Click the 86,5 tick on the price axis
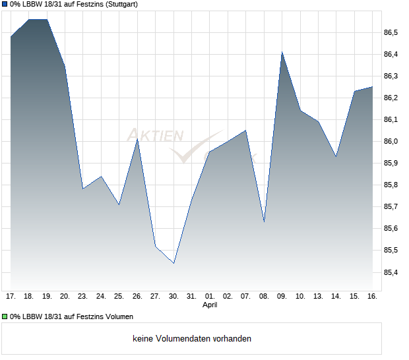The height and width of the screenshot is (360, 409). click(x=391, y=32)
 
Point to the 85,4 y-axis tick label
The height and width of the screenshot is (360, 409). click(x=391, y=272)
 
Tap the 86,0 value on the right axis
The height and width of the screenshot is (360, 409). click(x=391, y=141)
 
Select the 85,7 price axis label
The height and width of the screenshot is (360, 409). click(x=391, y=206)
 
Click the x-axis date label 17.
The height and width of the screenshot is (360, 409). click(x=11, y=296)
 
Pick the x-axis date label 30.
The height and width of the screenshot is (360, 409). click(x=173, y=296)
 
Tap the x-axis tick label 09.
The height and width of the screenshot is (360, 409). click(x=282, y=296)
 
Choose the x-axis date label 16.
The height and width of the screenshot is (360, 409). click(x=372, y=296)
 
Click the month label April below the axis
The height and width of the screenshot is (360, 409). click(x=210, y=305)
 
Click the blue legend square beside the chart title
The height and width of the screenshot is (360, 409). click(x=5, y=4)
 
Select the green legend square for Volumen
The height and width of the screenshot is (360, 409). click(x=5, y=317)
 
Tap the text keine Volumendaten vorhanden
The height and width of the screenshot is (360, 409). click(x=192, y=339)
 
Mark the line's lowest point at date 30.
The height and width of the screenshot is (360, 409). click(x=173, y=263)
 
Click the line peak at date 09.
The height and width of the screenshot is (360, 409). click(x=282, y=51)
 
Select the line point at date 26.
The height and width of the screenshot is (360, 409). click(x=137, y=138)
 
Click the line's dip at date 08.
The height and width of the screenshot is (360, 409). click(x=264, y=222)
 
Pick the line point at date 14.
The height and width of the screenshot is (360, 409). click(x=336, y=156)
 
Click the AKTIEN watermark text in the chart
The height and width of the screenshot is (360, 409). click(x=155, y=136)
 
